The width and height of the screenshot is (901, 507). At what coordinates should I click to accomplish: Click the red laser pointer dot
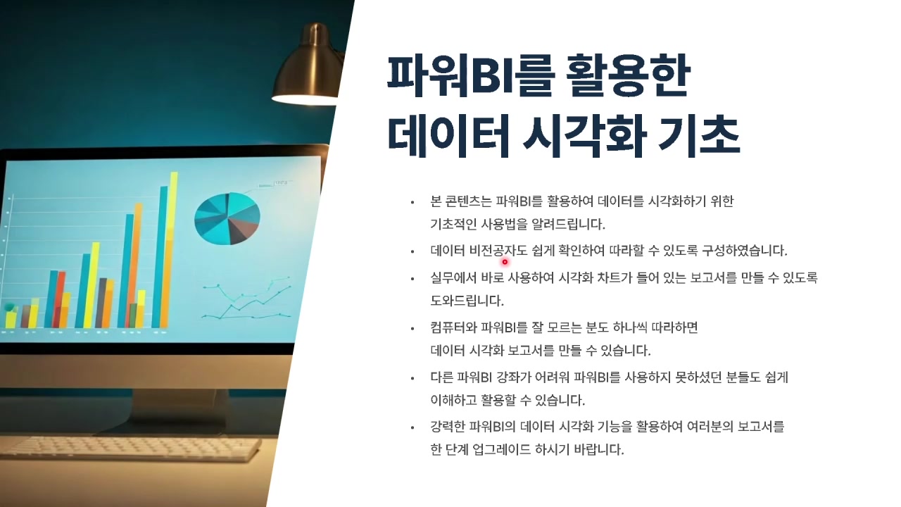(x=505, y=262)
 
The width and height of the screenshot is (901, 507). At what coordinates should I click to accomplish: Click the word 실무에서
(x=453, y=278)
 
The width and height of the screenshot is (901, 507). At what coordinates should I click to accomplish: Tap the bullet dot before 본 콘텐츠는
(x=412, y=203)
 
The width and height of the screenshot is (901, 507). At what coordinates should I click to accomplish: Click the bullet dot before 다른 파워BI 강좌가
(x=412, y=378)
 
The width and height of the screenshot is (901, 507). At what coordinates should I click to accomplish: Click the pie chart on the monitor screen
(x=227, y=218)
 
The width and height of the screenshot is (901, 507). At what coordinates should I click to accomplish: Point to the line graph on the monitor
(x=246, y=299)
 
